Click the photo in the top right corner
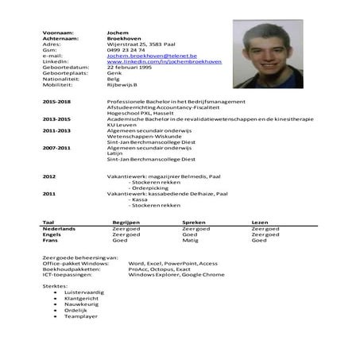(x=269, y=54)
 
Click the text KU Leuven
(x=119, y=125)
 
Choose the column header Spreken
(x=194, y=223)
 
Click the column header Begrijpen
(x=127, y=223)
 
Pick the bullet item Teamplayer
(x=81, y=316)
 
